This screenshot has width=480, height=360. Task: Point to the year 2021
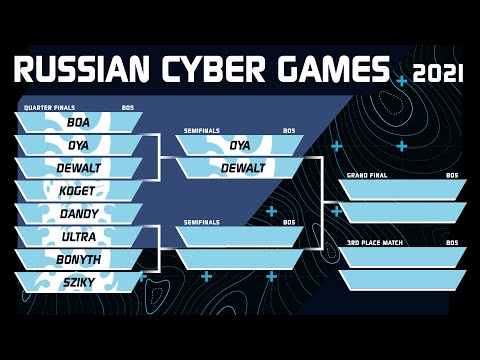click(439, 73)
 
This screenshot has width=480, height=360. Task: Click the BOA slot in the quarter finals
click(78, 122)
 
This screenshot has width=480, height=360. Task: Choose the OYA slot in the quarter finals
click(78, 145)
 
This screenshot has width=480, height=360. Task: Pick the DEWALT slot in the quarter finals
click(78, 168)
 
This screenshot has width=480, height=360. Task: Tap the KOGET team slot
click(78, 191)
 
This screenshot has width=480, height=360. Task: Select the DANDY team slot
click(78, 214)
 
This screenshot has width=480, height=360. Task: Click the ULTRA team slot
click(78, 237)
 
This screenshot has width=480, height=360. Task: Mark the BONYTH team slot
click(78, 260)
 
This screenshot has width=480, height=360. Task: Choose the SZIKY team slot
click(78, 283)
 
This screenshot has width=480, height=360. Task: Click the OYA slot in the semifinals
click(239, 145)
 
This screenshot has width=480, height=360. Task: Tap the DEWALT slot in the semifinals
click(239, 168)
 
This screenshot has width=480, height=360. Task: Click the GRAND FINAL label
click(366, 175)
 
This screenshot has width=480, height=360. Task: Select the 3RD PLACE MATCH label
click(372, 243)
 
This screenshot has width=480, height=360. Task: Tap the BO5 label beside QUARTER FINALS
click(127, 107)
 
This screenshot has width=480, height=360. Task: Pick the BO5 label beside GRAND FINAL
click(452, 175)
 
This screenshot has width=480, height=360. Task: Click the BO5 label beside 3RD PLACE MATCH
click(452, 243)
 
